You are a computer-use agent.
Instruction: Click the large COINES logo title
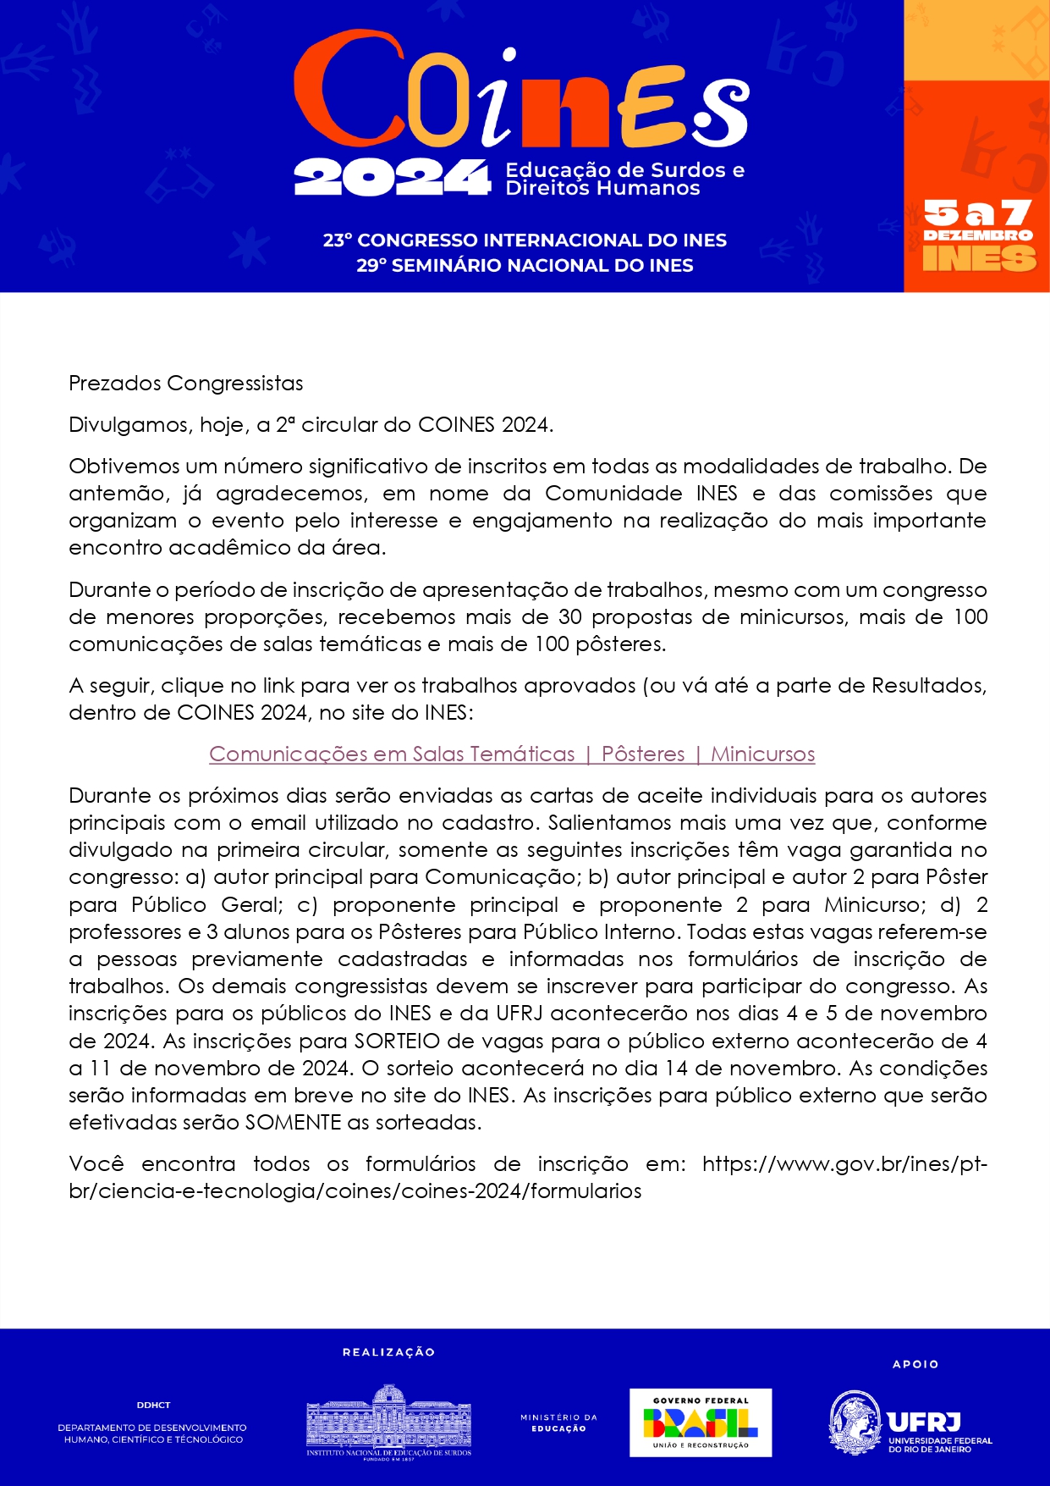coord(520,93)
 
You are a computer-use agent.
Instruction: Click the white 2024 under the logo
coord(392,178)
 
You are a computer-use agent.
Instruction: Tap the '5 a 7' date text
coord(977,213)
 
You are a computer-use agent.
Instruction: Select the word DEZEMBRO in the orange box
coord(977,235)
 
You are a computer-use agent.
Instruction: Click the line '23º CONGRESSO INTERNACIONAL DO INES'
coord(525,240)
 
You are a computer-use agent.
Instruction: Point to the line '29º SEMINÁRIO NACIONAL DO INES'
coord(525,266)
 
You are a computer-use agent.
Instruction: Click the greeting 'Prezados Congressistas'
coord(185,384)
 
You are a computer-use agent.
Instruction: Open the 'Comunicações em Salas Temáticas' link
coord(392,754)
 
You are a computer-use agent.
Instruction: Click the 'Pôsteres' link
coord(643,754)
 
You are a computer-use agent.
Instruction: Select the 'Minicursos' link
coord(762,754)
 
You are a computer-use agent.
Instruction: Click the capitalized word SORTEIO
coord(391,1041)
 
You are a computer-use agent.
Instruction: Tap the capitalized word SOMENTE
coord(293,1123)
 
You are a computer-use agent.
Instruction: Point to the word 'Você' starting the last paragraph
coord(96,1164)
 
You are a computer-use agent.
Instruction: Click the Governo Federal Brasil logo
coord(701,1422)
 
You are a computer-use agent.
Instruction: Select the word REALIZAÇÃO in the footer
coord(388,1352)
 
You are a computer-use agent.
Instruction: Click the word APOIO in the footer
coord(915,1364)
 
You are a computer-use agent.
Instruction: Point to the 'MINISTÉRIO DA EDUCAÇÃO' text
coord(558,1422)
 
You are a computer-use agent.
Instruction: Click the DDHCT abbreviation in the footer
coord(153,1405)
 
